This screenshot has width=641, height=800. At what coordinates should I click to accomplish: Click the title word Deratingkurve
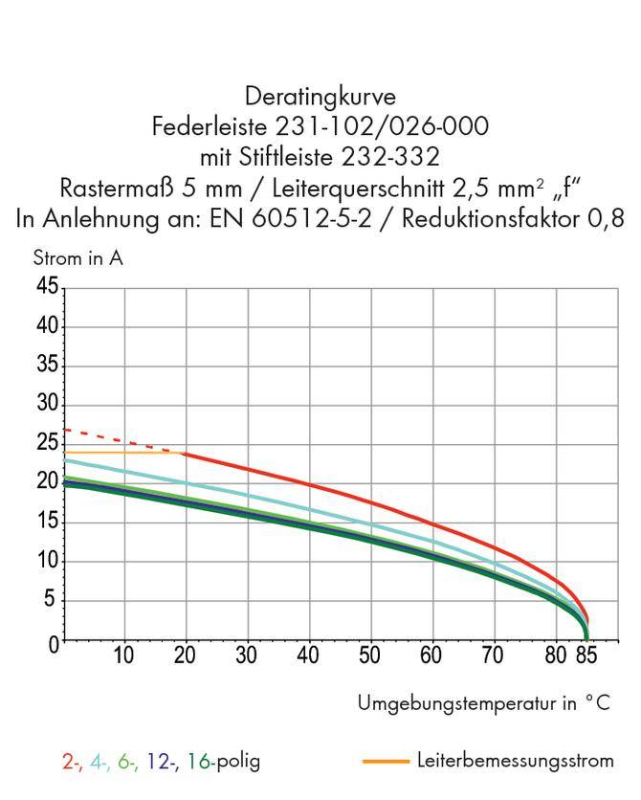[320, 97]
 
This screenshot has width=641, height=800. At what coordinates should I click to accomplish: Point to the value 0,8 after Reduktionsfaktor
[605, 219]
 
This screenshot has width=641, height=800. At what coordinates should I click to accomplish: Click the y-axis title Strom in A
[77, 258]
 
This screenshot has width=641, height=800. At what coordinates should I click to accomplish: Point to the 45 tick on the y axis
[45, 287]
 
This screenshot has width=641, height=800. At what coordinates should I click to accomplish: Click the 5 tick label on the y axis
[52, 601]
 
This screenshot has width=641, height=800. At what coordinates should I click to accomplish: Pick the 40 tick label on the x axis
[308, 656]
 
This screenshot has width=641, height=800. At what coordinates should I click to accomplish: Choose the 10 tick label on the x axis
[123, 656]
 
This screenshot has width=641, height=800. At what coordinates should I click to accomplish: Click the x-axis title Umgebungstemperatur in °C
[483, 703]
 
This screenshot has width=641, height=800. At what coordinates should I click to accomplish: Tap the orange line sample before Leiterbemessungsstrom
[386, 762]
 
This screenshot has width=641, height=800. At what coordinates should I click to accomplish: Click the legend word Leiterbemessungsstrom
[515, 761]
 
